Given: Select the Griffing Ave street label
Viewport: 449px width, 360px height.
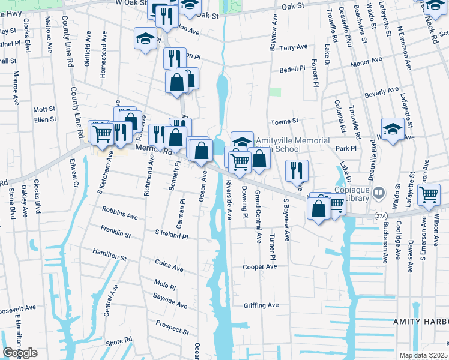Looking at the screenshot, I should [x=261, y=305].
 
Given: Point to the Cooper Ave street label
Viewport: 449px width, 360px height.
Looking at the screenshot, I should [x=259, y=266].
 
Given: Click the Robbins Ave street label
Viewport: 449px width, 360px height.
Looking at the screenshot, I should [x=120, y=213].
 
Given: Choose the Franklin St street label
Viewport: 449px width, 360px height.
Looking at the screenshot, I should [x=116, y=232].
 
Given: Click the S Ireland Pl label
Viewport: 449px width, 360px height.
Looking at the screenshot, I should [x=171, y=234].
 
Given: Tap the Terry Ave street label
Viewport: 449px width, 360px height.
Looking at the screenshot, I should [x=294, y=47].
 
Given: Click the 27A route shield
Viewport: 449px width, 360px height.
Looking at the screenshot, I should [x=380, y=214].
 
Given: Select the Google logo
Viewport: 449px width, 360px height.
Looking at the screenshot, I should [x=20, y=353].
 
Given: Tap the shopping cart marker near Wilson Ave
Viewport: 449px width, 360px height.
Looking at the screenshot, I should [x=429, y=194].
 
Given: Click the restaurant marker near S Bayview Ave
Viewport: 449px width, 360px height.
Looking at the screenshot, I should [x=297, y=170].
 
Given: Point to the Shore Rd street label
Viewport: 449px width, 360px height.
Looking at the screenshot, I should [x=119, y=341].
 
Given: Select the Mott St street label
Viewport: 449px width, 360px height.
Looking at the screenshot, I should [x=44, y=109].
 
